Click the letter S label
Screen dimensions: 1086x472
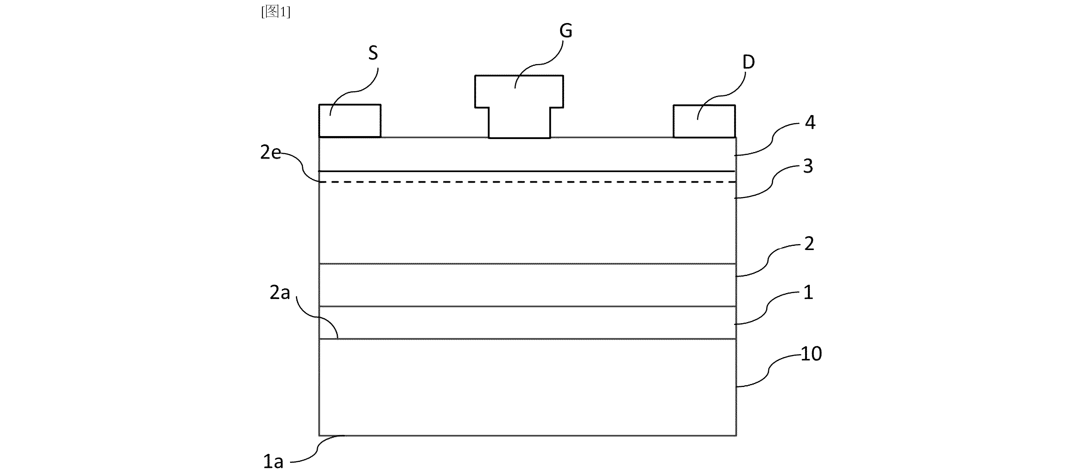pyautogui.click(x=373, y=53)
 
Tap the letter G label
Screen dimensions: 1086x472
pyautogui.click(x=566, y=31)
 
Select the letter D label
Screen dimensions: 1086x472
pyautogui.click(x=748, y=62)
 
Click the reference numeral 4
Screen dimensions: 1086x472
pyautogui.click(x=810, y=122)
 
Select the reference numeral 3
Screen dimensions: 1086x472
pyautogui.click(x=808, y=166)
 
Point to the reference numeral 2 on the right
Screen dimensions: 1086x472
pyautogui.click(x=809, y=244)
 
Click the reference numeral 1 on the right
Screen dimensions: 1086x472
pyautogui.click(x=808, y=292)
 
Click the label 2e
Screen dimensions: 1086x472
pyautogui.click(x=271, y=152)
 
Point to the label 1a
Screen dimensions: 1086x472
pyautogui.click(x=273, y=461)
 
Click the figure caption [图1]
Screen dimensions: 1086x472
pyautogui.click(x=276, y=12)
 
